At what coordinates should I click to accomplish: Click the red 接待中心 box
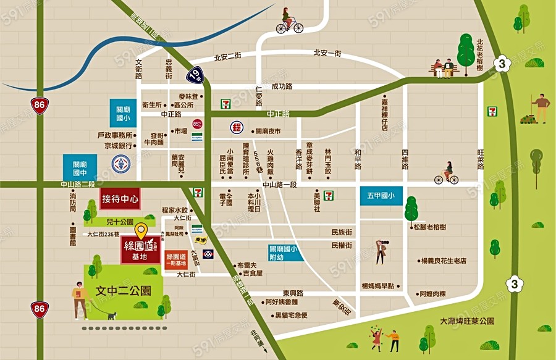pyautogui.click(x=120, y=199)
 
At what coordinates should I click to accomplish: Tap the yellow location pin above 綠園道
pyautogui.click(x=141, y=232)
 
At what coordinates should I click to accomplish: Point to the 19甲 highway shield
pyautogui.click(x=195, y=75)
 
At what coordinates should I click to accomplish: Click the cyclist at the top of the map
pyautogui.click(x=289, y=21)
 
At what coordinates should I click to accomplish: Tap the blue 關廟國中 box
pyautogui.click(x=80, y=168)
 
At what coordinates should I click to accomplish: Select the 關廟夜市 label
pyautogui.click(x=267, y=131)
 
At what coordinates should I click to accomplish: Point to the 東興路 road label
pyautogui.click(x=293, y=292)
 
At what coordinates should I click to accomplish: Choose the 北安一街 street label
pyautogui.click(x=327, y=53)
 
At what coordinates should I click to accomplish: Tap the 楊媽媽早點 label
pyautogui.click(x=378, y=286)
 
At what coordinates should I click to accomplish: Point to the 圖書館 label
pyautogui.click(x=72, y=236)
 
